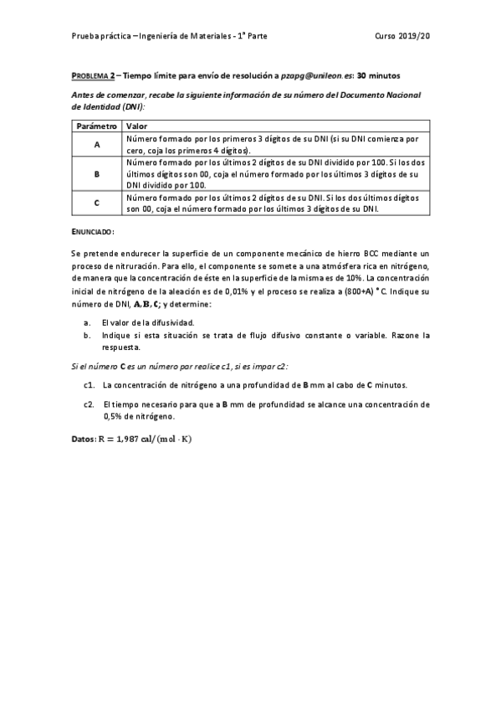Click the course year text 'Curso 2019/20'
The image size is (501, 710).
pos(404,37)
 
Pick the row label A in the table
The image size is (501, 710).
pos(97,144)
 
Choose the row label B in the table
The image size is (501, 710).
pos(97,174)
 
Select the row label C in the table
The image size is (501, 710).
pos(97,203)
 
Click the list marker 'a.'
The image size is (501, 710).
pos(88,322)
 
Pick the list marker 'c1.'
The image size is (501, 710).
pos(89,384)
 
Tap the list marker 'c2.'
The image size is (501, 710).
pos(89,404)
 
